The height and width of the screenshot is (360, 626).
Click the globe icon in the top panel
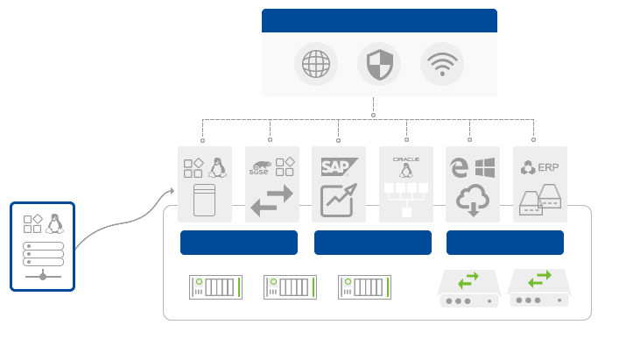[x=315, y=64]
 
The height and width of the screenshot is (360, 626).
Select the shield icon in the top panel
[x=378, y=64]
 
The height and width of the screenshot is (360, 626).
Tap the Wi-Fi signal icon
[x=441, y=64]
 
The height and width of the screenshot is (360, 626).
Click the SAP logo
[x=335, y=166]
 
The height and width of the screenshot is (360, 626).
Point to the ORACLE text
[x=406, y=159]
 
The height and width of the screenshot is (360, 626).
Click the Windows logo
[x=485, y=166]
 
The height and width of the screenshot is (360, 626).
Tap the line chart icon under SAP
[x=337, y=201]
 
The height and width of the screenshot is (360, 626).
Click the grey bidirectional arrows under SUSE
[x=271, y=201]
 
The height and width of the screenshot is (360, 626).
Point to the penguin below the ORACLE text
[x=406, y=172]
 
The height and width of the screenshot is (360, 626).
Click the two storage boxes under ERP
[x=540, y=200]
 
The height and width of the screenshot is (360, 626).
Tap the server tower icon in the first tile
[x=204, y=201]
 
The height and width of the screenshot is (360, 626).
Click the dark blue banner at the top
[x=378, y=19]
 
